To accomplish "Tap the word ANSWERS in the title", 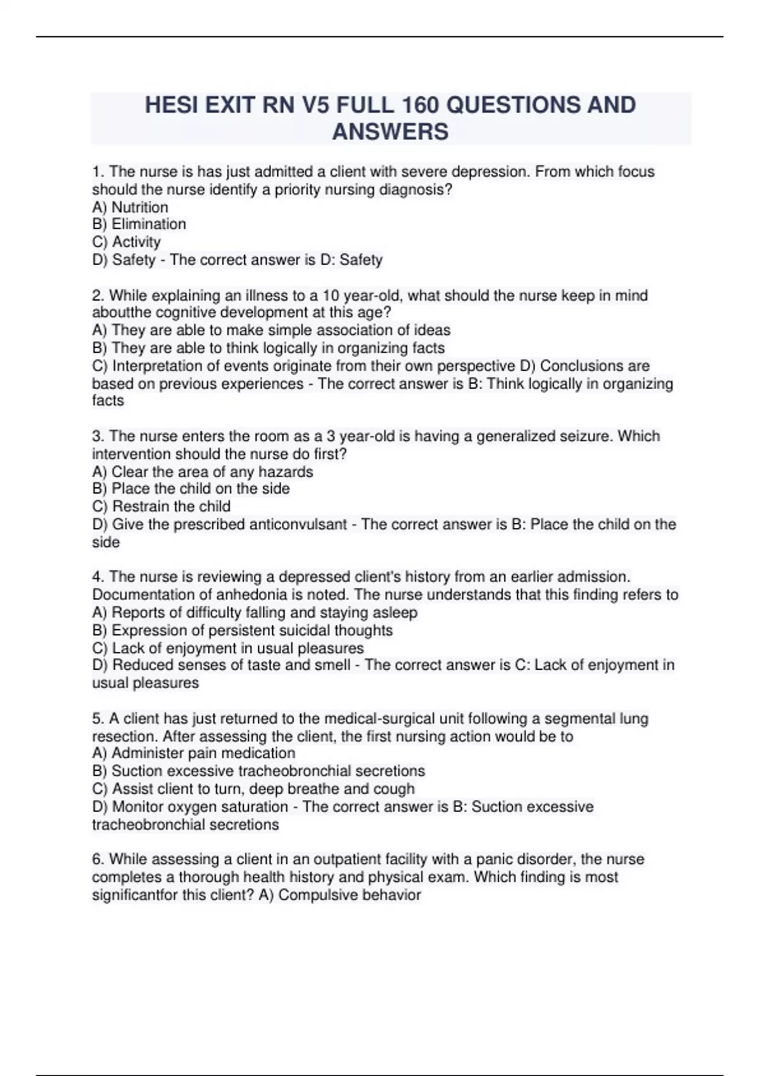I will tap(390, 132).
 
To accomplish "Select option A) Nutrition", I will tap(130, 207).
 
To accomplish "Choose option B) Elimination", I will tap(139, 224).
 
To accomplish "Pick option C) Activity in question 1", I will tap(127, 242).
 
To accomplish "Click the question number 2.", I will tap(98, 296).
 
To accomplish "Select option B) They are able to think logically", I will tap(269, 348).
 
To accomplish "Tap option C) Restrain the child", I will tap(161, 506).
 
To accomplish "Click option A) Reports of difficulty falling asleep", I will tap(255, 613).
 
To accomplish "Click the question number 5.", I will tap(98, 718).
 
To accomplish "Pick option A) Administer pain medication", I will tap(194, 753).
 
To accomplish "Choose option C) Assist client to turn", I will tap(253, 789).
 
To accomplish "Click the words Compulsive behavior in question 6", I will tap(350, 895).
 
